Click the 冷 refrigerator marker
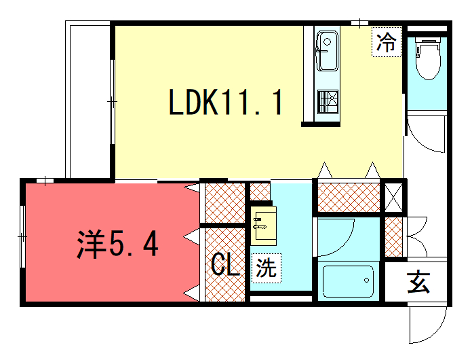386,43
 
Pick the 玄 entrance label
417,284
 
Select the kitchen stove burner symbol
327,101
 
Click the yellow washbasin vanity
265,225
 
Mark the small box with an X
394,195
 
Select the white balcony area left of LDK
88,100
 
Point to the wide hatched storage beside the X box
349,196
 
